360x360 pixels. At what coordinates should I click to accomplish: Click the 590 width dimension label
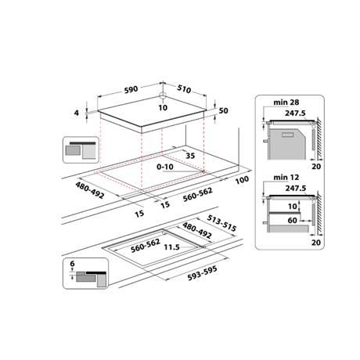131,89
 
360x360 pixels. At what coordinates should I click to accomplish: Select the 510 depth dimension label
184,89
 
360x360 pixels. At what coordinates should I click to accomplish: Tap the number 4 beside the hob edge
77,113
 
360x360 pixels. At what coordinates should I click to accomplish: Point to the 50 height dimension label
223,110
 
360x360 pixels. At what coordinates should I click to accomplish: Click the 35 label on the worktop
190,156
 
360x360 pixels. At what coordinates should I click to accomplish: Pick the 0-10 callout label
165,167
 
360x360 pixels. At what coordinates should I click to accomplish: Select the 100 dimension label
242,180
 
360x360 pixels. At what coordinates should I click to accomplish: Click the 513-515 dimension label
221,223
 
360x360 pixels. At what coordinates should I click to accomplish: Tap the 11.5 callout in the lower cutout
171,247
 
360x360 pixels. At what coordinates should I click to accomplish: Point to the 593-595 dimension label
203,273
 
